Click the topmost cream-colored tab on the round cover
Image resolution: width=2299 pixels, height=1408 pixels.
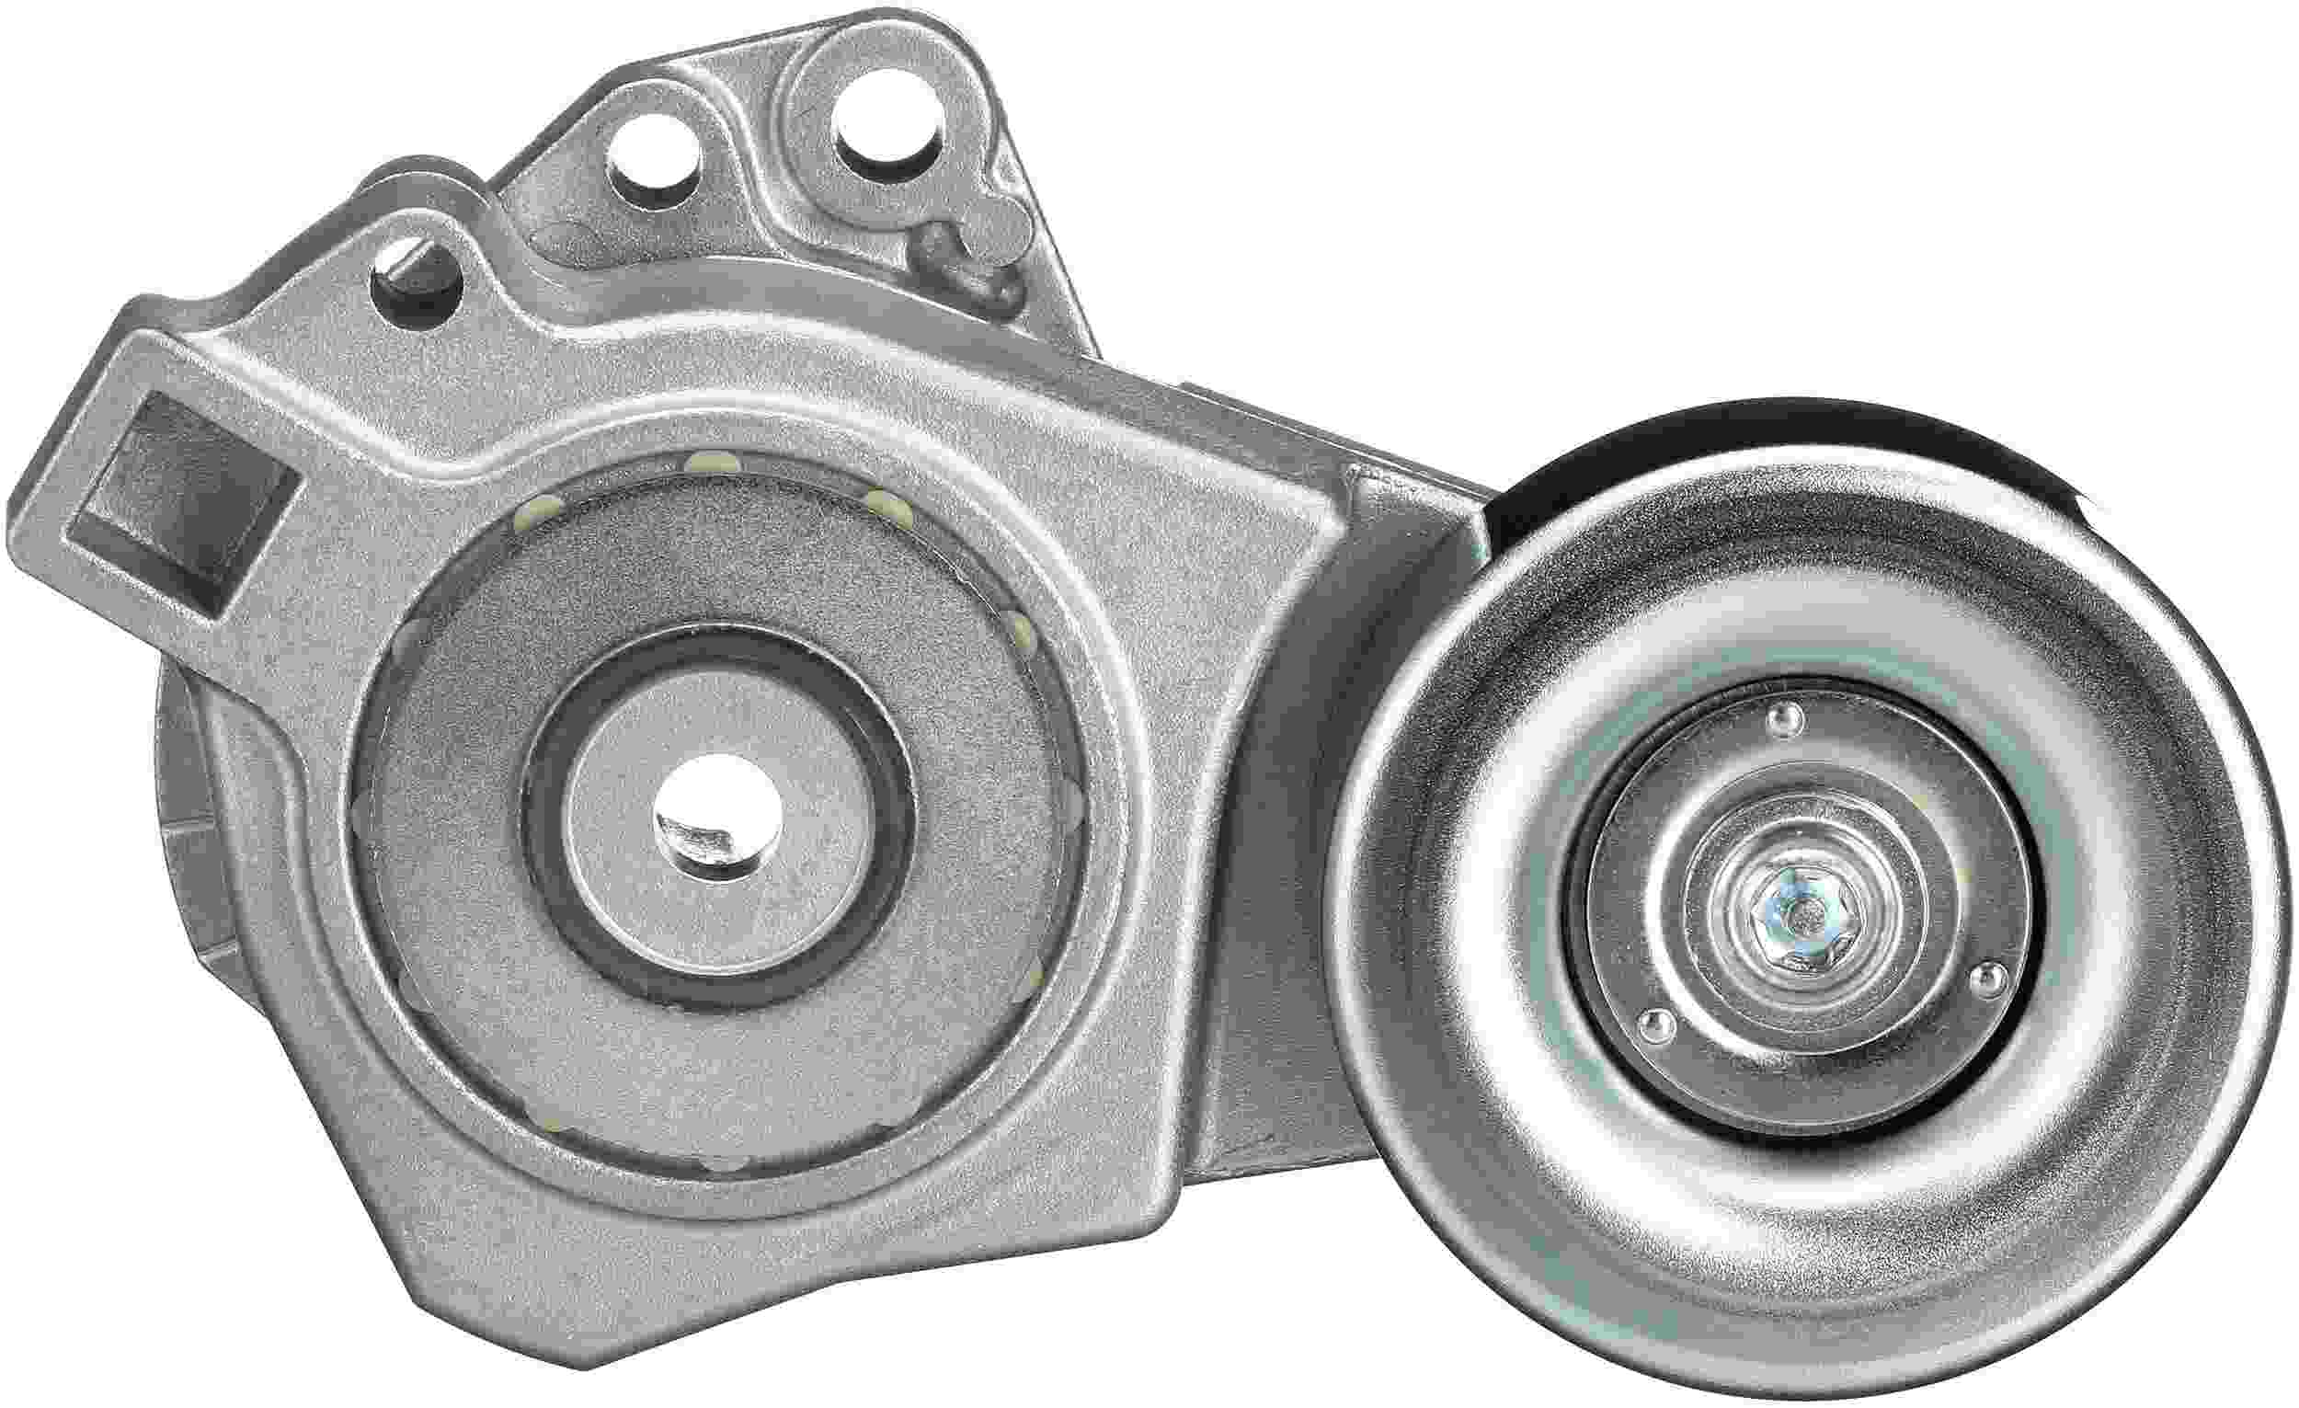pyautogui.click(x=712, y=461)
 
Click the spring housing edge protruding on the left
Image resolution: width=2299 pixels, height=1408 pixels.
pyautogui.click(x=183, y=793)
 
